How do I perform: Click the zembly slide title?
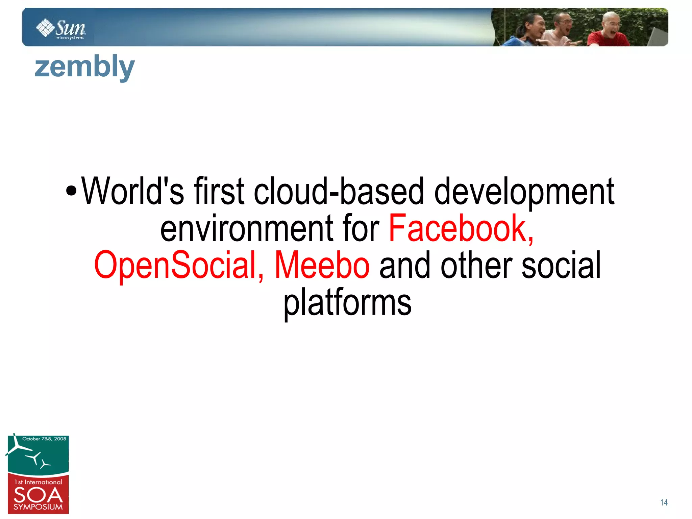tap(84, 67)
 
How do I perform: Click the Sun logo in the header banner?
tap(61, 28)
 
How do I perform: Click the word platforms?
tap(347, 302)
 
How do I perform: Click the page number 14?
tap(664, 502)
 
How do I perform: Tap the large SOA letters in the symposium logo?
tap(38, 495)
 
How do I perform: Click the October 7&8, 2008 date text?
tap(44, 439)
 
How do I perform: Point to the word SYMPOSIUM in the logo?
tap(38, 507)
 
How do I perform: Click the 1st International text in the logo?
tap(38, 482)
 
